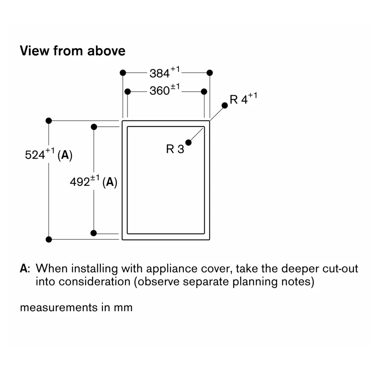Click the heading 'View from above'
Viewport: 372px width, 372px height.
pyautogui.click(x=73, y=51)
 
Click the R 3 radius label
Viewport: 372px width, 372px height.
pyautogui.click(x=175, y=149)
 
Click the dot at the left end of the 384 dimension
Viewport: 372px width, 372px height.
pyautogui.click(x=123, y=73)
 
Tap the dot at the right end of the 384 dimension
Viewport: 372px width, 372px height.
pyautogui.click(x=210, y=73)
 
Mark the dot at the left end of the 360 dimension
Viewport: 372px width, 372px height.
pyautogui.click(x=128, y=91)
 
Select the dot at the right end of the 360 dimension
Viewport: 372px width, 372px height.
pyautogui.click(x=204, y=91)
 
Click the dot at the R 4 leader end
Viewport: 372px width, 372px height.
pyautogui.click(x=225, y=105)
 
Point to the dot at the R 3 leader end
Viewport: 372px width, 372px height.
pyautogui.click(x=189, y=142)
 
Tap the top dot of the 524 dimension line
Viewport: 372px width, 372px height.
pyautogui.click(x=48, y=121)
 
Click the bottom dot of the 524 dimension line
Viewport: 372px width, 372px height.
pyautogui.click(x=48, y=239)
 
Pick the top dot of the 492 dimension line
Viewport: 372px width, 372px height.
pyautogui.click(x=94, y=127)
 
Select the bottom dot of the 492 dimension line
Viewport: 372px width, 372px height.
pyautogui.click(x=94, y=233)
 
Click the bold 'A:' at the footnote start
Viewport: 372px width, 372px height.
pyautogui.click(x=25, y=269)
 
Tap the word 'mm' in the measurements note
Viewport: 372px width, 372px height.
pyautogui.click(x=123, y=308)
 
